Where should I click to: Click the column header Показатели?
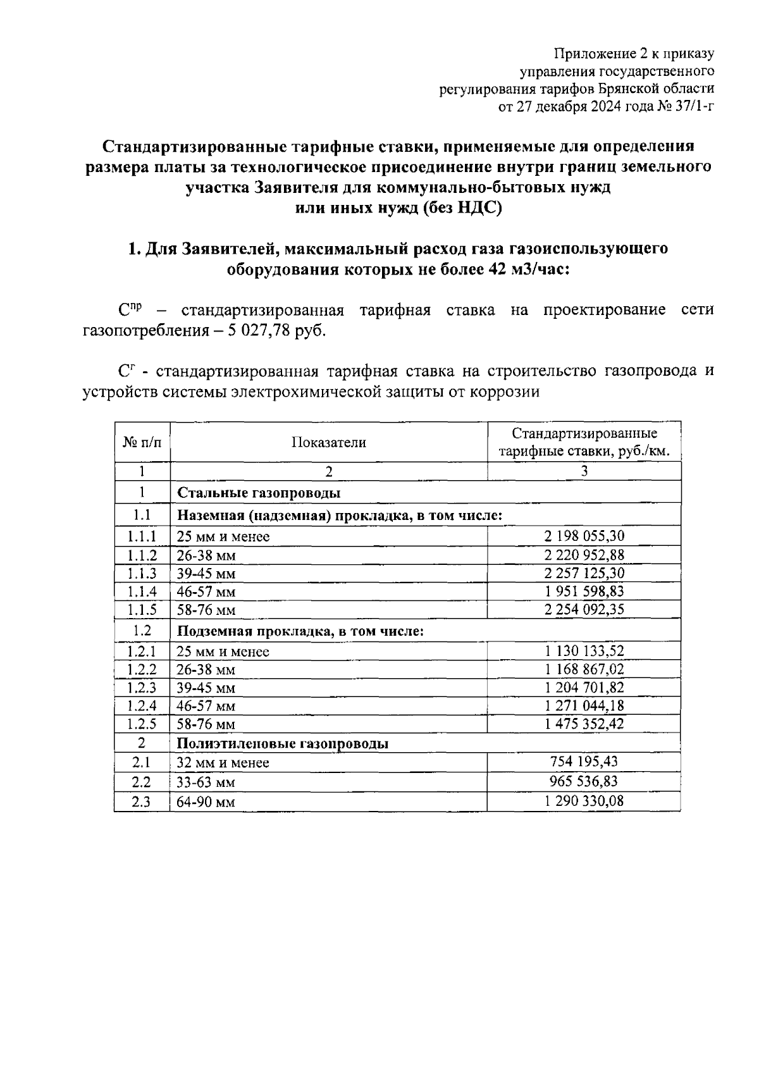click(x=328, y=442)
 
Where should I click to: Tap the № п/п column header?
click(x=142, y=442)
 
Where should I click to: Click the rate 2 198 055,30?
click(x=584, y=536)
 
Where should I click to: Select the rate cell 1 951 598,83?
click(x=584, y=591)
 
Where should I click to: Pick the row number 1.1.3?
click(x=142, y=573)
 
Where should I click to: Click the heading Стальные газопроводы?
click(x=258, y=492)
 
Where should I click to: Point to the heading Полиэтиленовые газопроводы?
click(x=282, y=743)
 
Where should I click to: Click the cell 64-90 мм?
click(x=206, y=802)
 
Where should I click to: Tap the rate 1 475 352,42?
click(x=584, y=724)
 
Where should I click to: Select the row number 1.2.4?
click(x=142, y=705)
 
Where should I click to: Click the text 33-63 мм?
click(x=206, y=782)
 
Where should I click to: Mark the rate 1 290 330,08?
click(x=584, y=801)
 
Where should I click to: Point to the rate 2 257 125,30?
click(x=584, y=573)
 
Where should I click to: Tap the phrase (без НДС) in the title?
click(x=462, y=208)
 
